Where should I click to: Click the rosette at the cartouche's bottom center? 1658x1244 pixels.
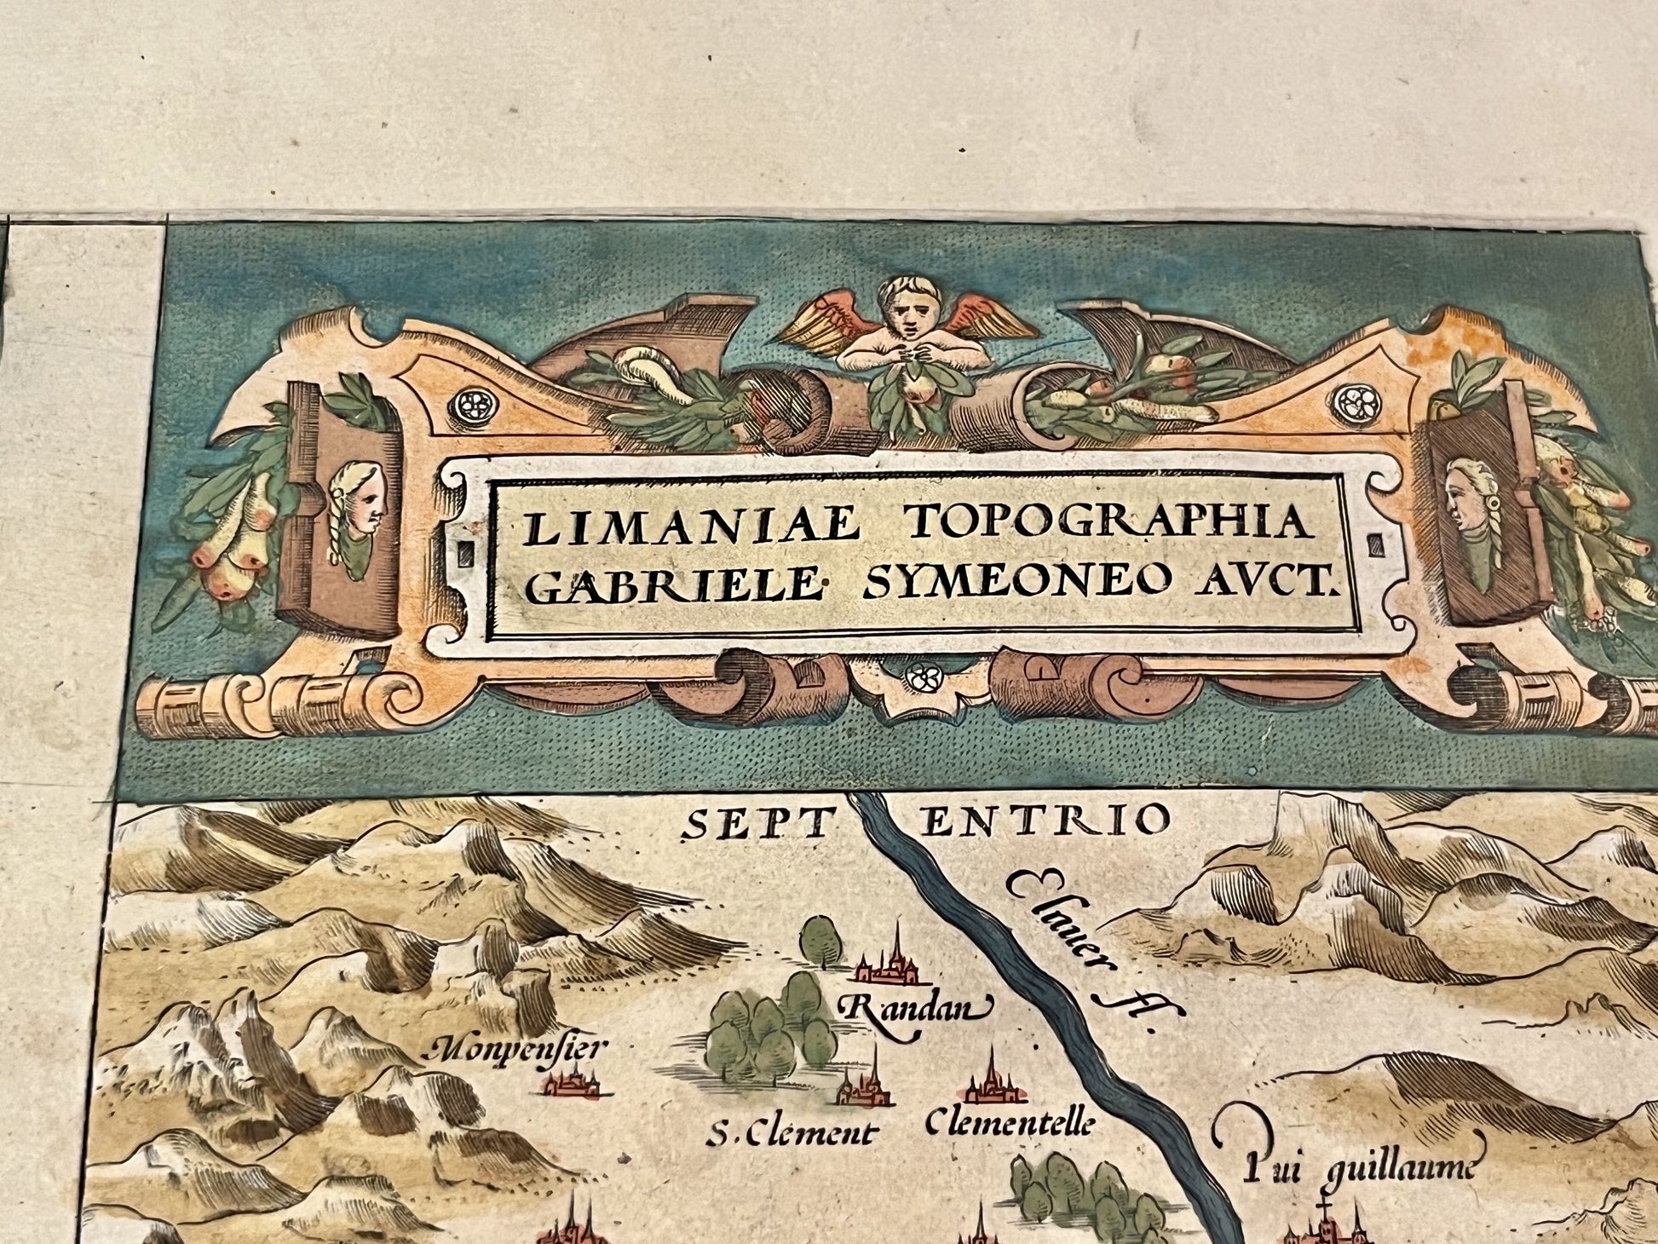[921, 677]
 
